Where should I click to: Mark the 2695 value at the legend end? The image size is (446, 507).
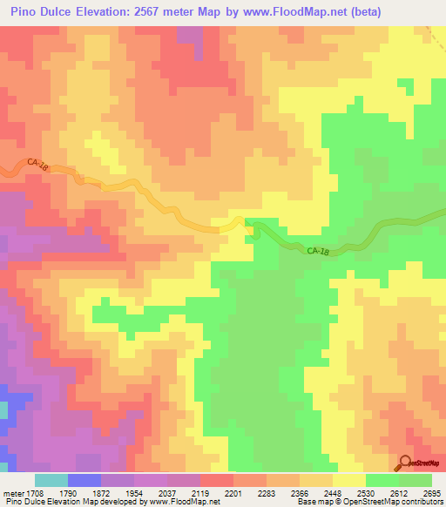click(x=432, y=492)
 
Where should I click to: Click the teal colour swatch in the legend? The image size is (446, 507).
click(x=51, y=480)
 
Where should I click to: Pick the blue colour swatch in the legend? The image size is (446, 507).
click(x=84, y=480)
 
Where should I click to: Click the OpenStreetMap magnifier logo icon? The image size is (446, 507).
click(x=405, y=463)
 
